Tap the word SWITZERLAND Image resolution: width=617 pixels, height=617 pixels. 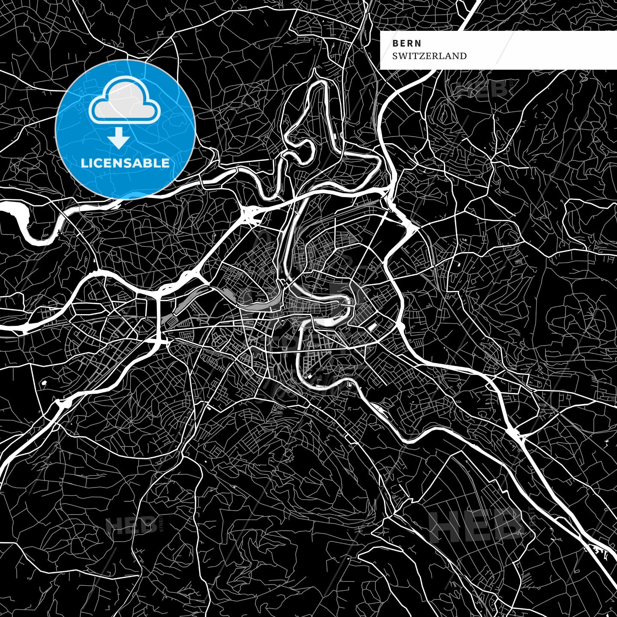coord(429,56)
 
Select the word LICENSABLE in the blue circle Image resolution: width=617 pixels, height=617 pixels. coord(125,163)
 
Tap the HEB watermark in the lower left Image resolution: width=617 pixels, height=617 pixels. coord(131,525)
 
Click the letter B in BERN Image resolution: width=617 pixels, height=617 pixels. coord(395,43)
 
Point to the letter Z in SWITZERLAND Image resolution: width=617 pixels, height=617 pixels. coord(422,56)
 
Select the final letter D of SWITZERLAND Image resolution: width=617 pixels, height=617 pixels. coord(463,56)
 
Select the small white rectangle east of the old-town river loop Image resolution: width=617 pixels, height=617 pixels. coord(373,327)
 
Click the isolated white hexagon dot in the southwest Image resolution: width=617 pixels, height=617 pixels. coord(44,383)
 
